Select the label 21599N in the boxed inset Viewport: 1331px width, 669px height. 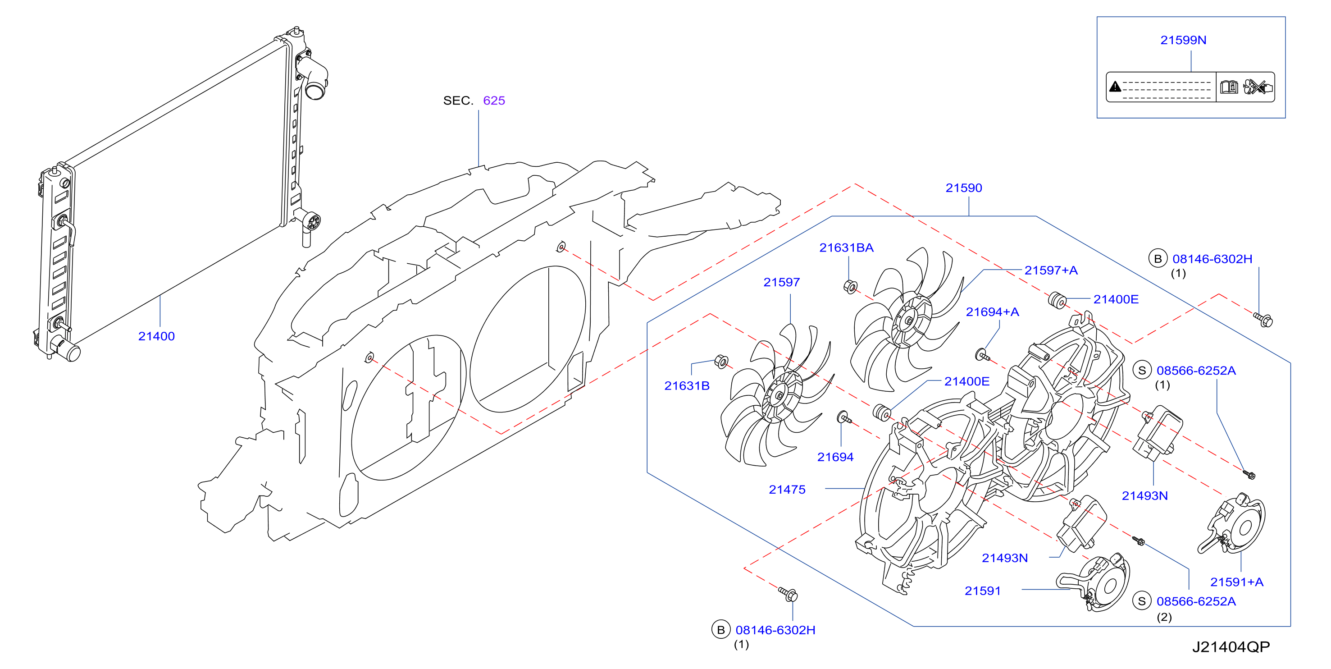(1183, 40)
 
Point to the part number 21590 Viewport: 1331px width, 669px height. (964, 188)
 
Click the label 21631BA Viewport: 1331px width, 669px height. (846, 247)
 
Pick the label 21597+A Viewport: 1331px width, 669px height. (1051, 270)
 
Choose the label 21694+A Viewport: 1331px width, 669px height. (993, 312)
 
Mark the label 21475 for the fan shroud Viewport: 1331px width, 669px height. (787, 489)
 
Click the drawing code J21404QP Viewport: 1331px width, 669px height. (1231, 647)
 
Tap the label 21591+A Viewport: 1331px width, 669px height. (1237, 582)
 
